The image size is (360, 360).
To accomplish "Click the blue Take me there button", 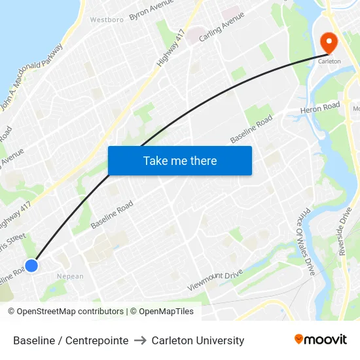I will tap(180, 160).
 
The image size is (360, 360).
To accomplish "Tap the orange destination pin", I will tap(328, 43).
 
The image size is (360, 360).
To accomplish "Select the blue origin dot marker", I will tap(31, 265).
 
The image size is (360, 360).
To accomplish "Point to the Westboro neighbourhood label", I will tap(107, 20).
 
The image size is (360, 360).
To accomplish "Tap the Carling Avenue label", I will tap(221, 27).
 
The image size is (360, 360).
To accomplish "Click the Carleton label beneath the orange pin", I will tap(329, 61).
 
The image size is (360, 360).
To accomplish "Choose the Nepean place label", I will tap(70, 276).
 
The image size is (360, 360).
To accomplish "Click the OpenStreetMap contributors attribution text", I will tap(67, 312).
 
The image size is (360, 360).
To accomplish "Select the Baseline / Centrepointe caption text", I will tap(71, 340).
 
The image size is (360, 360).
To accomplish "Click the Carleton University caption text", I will tap(198, 340).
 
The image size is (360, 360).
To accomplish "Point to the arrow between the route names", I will tap(140, 340).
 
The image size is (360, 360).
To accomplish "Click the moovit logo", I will tap(320, 340).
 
